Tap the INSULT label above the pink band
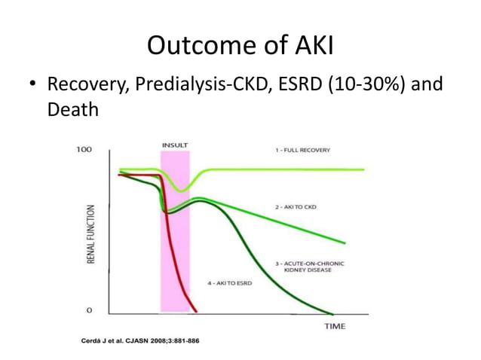click(174, 144)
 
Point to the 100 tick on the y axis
click(84, 150)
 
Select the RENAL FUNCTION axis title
click(91, 233)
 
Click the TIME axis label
click(335, 326)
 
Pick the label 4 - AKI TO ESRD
click(230, 282)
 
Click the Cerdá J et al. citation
click(140, 340)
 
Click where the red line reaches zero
click(195, 311)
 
